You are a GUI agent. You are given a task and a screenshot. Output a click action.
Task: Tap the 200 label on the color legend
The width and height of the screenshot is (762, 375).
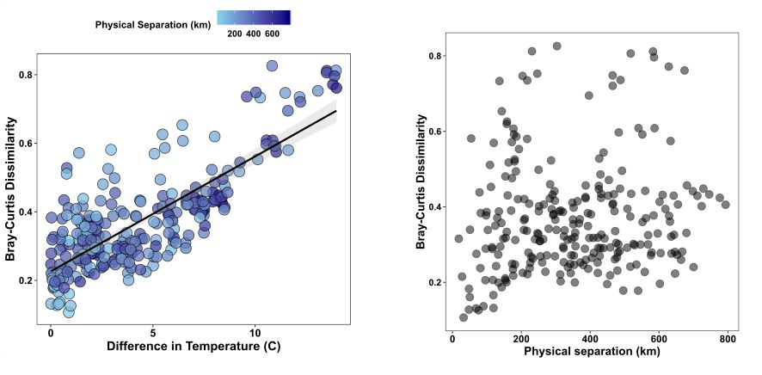click(x=233, y=34)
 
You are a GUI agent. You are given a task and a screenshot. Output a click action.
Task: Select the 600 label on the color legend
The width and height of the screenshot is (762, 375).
click(x=272, y=34)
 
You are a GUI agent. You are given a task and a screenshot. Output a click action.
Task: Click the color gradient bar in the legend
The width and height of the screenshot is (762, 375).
click(x=254, y=17)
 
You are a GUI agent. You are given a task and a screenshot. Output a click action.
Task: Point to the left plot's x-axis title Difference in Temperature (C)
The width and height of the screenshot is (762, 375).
click(x=194, y=347)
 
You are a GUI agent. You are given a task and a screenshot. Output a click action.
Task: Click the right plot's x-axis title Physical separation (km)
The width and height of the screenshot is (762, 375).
click(x=591, y=353)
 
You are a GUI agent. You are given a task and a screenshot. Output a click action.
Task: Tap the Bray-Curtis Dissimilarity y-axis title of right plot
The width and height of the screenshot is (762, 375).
click(x=421, y=183)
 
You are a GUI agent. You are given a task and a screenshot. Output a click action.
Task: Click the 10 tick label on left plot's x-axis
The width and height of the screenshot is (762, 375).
click(x=255, y=332)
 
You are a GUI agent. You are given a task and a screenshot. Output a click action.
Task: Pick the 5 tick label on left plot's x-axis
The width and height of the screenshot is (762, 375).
click(x=153, y=332)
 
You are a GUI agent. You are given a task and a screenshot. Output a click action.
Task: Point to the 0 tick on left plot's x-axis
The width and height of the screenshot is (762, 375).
click(x=51, y=332)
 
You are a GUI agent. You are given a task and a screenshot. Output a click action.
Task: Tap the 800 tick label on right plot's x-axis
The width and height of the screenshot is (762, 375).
click(x=728, y=339)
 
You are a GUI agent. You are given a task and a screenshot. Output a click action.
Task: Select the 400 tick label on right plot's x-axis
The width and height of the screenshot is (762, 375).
click(x=590, y=339)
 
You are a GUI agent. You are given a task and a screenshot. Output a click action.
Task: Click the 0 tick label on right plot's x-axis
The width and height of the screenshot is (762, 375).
click(x=452, y=339)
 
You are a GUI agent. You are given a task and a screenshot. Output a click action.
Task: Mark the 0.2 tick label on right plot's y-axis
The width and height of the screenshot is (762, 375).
click(x=438, y=282)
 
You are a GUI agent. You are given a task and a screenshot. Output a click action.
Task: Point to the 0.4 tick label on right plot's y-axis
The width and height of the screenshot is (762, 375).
click(x=438, y=207)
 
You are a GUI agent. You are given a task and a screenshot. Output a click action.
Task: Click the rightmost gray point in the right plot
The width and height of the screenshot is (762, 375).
click(x=725, y=205)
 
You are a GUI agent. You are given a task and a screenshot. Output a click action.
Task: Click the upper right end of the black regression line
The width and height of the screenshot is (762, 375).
click(x=335, y=111)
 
